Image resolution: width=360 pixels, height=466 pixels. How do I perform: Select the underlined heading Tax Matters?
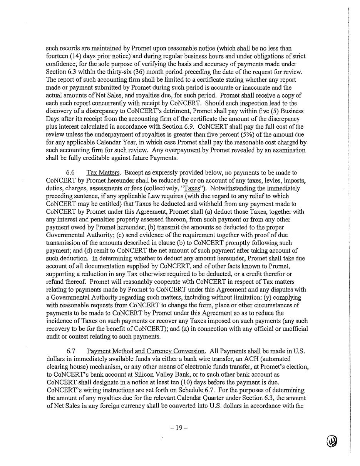102,173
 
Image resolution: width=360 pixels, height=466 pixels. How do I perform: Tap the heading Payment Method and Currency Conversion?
146,351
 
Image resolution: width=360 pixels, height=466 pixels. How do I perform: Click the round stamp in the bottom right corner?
332,441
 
